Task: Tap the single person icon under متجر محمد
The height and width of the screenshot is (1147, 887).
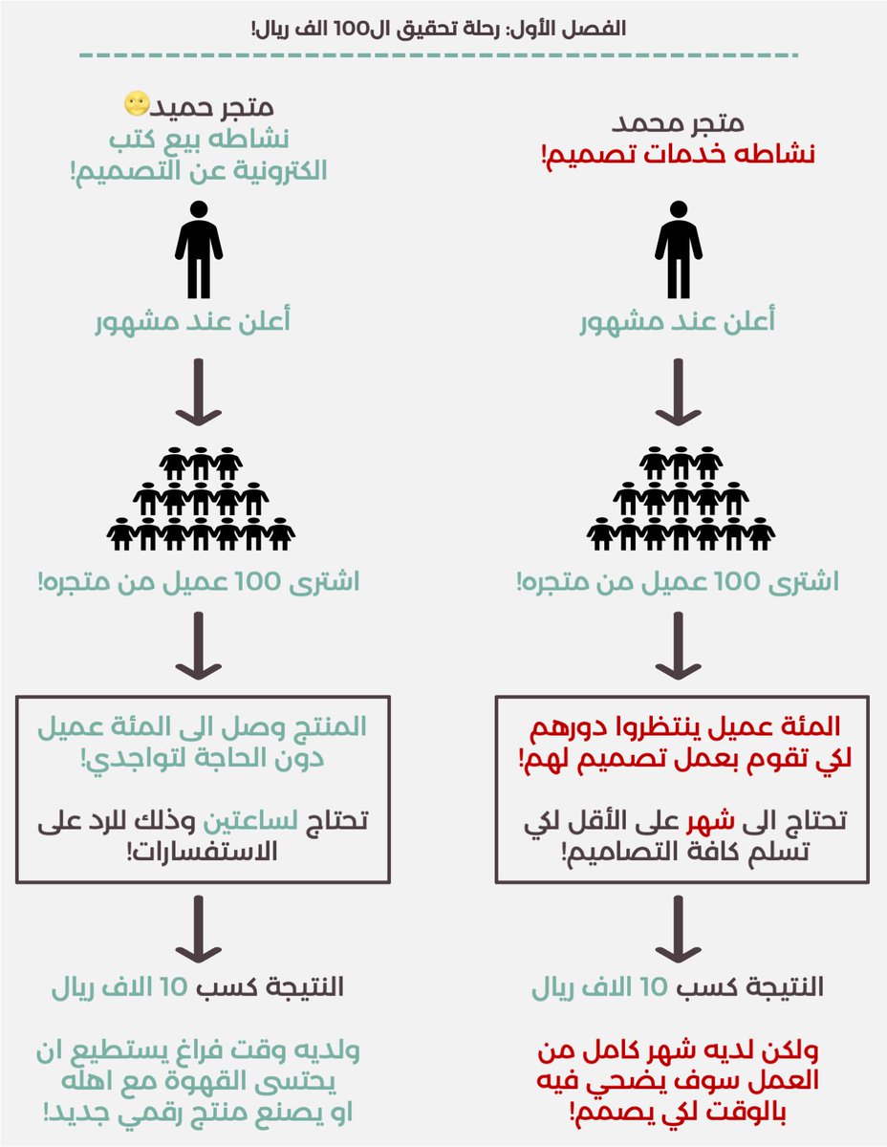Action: pos(679,249)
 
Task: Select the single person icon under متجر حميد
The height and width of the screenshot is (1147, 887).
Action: pos(199,249)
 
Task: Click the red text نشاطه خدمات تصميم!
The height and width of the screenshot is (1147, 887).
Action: pos(679,156)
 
